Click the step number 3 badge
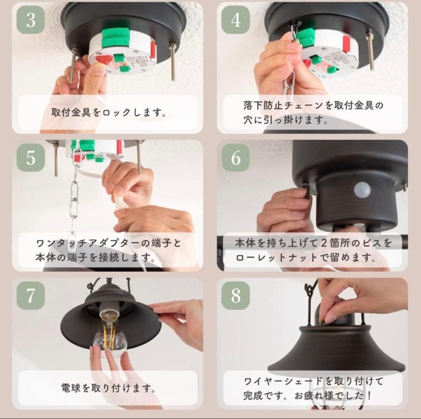31,20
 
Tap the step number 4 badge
236,20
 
